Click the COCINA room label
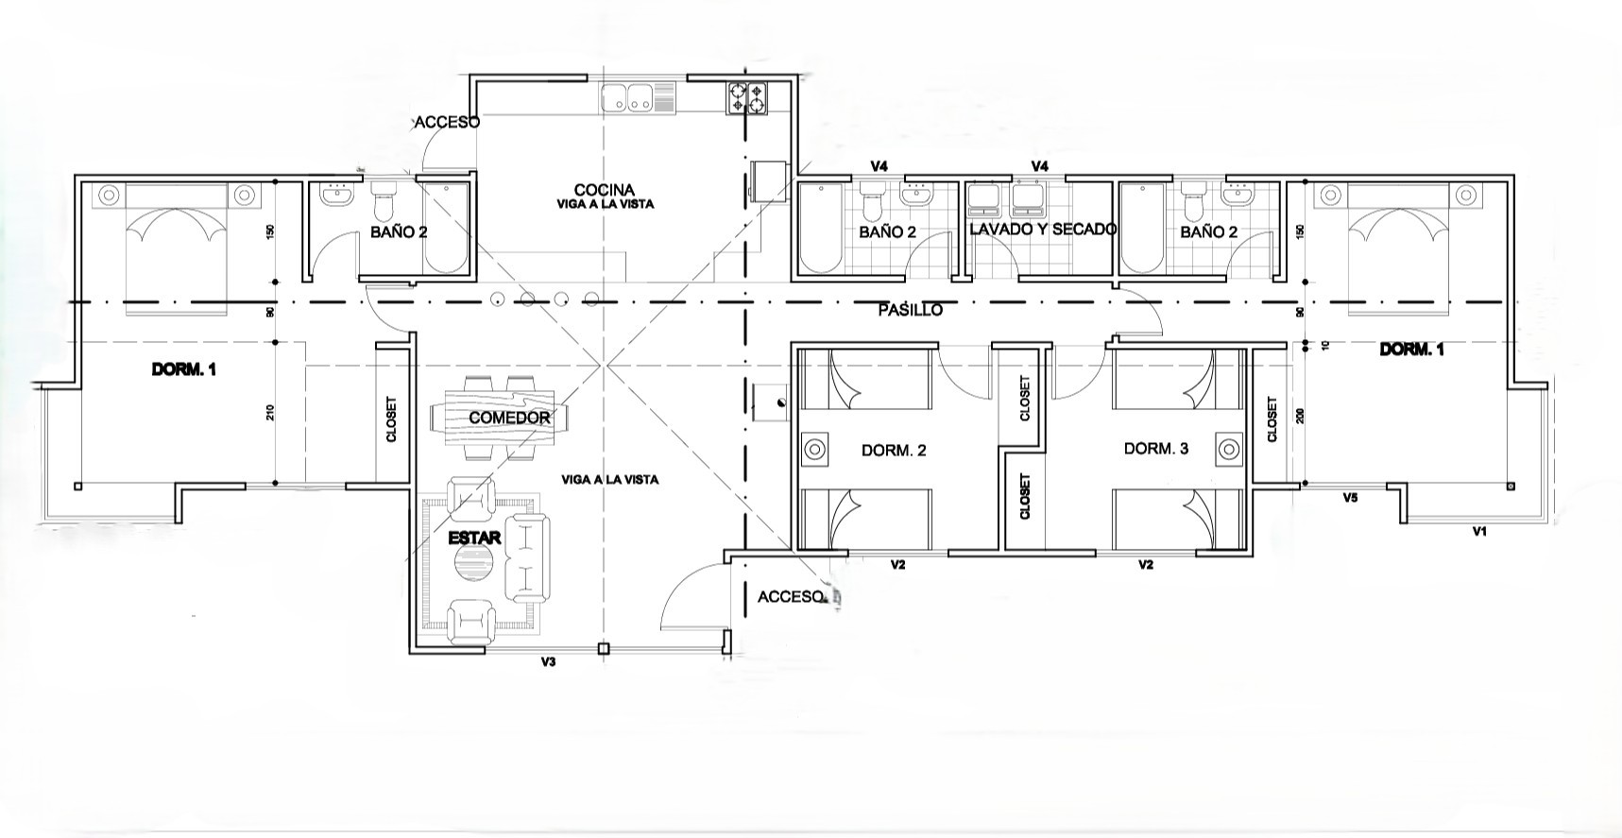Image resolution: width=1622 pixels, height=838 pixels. (x=605, y=190)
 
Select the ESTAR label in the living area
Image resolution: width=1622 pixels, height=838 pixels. (x=474, y=538)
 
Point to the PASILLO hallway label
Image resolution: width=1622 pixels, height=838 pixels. (x=910, y=310)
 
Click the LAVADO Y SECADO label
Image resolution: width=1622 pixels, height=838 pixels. (x=1043, y=230)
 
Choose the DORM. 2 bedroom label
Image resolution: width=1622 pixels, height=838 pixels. (x=894, y=451)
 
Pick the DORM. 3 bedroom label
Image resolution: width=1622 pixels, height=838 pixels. (x=1156, y=449)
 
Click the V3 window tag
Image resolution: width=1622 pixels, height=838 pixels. (x=548, y=662)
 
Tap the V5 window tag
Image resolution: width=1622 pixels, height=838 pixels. (x=1350, y=498)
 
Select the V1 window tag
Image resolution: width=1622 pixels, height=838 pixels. (x=1479, y=532)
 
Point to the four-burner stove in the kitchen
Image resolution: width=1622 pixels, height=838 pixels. (x=746, y=98)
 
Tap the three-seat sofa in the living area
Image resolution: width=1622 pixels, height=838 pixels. (x=527, y=557)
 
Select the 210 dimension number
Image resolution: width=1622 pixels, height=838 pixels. (x=269, y=412)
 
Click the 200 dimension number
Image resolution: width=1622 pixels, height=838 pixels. (x=1299, y=417)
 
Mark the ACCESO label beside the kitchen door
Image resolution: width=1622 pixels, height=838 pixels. (x=447, y=123)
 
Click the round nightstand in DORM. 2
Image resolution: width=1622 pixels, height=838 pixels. (x=814, y=450)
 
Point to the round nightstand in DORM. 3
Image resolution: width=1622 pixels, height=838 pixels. (x=1228, y=448)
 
